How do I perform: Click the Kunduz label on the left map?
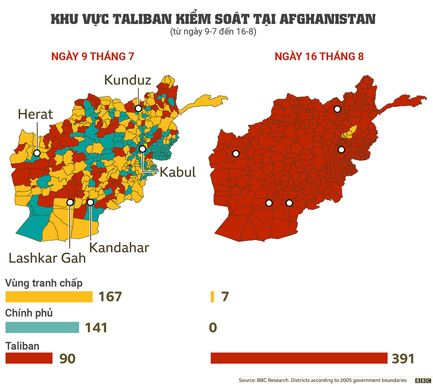[127, 80]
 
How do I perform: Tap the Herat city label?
[36, 114]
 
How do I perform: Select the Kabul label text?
[177, 172]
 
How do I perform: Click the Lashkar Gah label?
[47, 258]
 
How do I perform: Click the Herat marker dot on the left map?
[37, 153]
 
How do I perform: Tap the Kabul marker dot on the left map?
[143, 149]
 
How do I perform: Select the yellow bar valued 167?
[49, 297]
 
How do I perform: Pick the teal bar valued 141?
[42, 327]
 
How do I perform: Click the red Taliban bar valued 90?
[29, 358]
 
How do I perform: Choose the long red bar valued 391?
[299, 358]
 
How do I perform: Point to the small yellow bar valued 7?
[212, 297]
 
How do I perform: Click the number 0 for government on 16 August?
[213, 327]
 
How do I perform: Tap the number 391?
[403, 358]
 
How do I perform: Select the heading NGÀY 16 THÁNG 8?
[319, 57]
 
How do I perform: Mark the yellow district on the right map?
[349, 132]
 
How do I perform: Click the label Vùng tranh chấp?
[44, 283]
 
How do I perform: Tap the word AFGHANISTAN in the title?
[327, 20]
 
